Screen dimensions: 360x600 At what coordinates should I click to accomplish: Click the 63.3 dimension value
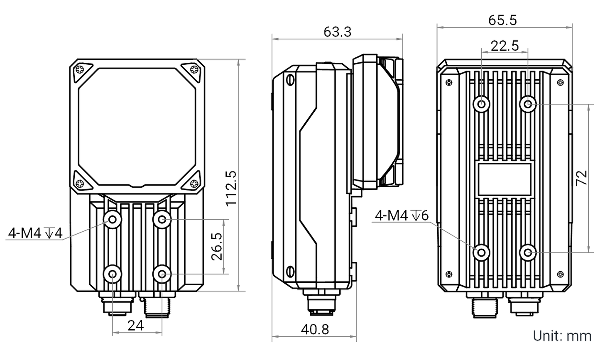[x=338, y=32]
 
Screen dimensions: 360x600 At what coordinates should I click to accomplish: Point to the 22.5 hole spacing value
[x=504, y=46]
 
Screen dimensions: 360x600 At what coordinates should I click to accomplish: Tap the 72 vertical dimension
[x=582, y=177]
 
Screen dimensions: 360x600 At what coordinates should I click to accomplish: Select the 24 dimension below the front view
[x=136, y=326]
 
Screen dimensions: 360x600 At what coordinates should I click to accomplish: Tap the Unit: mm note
[x=562, y=336]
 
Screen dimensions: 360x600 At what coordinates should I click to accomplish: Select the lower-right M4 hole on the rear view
[x=529, y=252]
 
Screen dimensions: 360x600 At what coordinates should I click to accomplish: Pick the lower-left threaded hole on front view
[x=113, y=274]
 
